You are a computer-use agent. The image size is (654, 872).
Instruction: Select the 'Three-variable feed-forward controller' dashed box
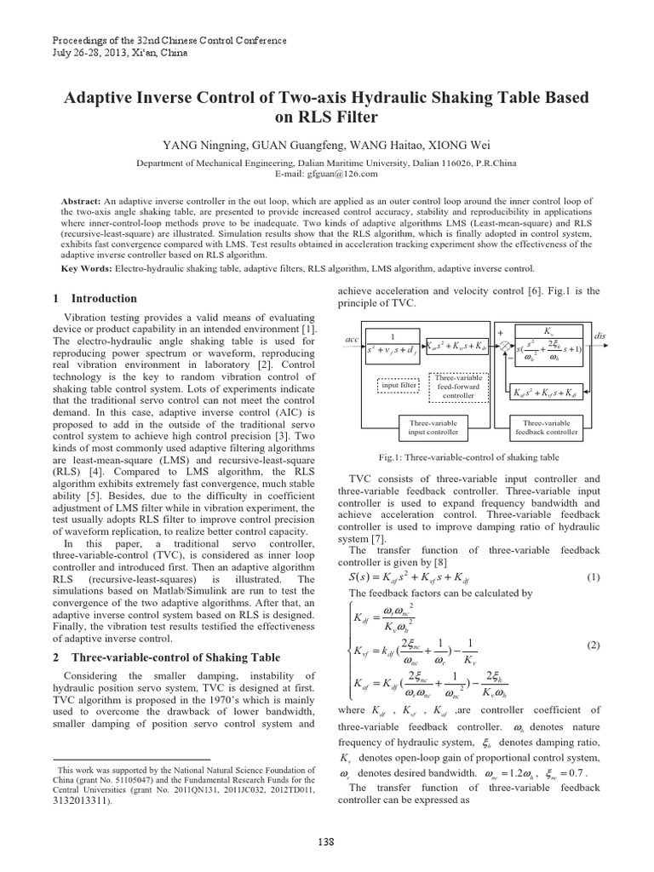[460, 384]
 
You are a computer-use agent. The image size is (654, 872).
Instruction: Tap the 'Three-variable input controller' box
[433, 427]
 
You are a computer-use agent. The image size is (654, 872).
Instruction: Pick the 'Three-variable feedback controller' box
[546, 427]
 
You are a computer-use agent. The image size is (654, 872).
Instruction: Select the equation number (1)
[594, 577]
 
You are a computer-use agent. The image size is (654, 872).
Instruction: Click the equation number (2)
[594, 645]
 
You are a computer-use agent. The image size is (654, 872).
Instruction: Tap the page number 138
[326, 840]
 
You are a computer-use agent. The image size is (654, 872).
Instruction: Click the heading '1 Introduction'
[95, 299]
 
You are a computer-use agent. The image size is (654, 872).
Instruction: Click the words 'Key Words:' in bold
[87, 270]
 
